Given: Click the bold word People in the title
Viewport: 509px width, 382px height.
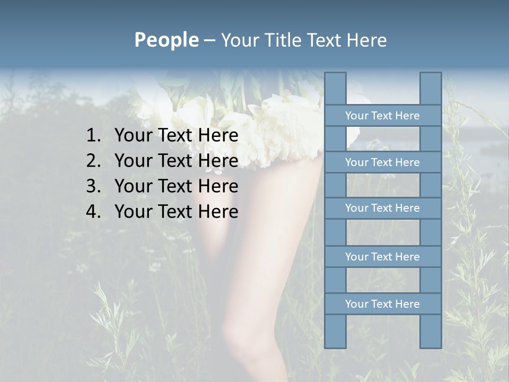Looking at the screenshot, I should point(166,40).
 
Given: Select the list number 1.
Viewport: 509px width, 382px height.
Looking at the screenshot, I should point(93,136).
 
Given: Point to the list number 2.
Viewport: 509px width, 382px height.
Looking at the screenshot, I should point(93,161).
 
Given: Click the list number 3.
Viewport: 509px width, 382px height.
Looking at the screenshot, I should point(93,187).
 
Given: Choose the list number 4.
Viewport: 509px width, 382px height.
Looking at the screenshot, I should point(93,212).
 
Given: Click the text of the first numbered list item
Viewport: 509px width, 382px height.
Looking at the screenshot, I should point(176,136).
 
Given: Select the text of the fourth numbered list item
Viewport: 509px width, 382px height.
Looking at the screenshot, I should point(176,212).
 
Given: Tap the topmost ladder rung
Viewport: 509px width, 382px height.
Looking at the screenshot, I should point(382,116).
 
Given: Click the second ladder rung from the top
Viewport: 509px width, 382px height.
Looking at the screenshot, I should point(382,162).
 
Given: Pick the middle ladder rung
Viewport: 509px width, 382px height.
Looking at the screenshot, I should point(382,208).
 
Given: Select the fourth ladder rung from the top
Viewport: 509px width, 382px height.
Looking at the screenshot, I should point(382,257).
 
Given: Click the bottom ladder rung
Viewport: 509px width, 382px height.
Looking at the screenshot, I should point(382,304).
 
